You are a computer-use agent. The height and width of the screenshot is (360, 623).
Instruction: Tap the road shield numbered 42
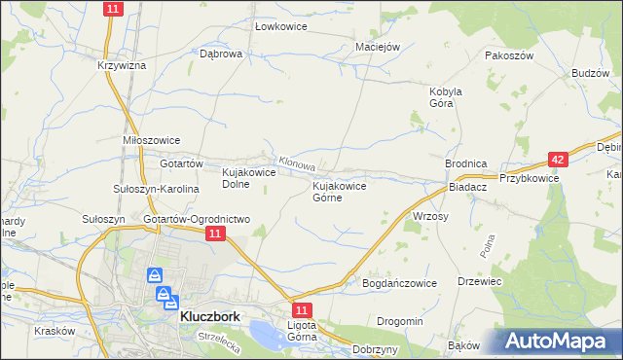(x=557, y=159)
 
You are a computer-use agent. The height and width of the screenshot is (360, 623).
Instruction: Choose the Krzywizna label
(x=122, y=65)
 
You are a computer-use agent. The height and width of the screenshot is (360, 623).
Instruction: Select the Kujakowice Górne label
(x=339, y=191)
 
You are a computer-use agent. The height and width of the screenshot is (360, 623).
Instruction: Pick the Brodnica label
(x=465, y=164)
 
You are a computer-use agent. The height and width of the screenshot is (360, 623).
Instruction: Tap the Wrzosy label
(x=430, y=216)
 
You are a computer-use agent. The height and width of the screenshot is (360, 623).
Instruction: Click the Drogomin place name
(x=400, y=321)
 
